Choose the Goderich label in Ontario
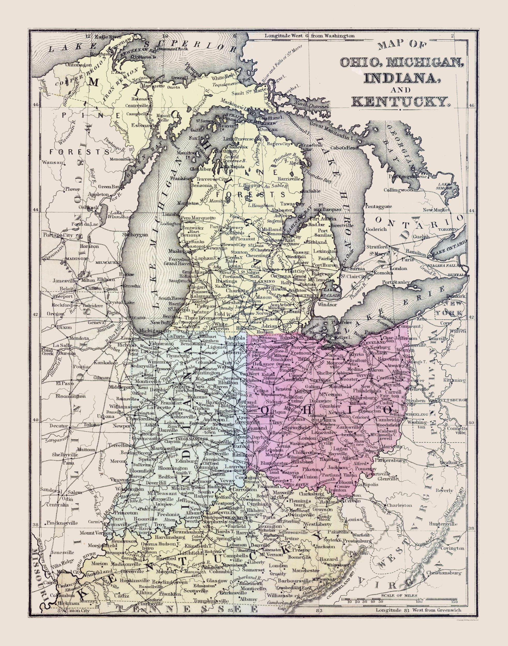(x=376, y=229)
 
